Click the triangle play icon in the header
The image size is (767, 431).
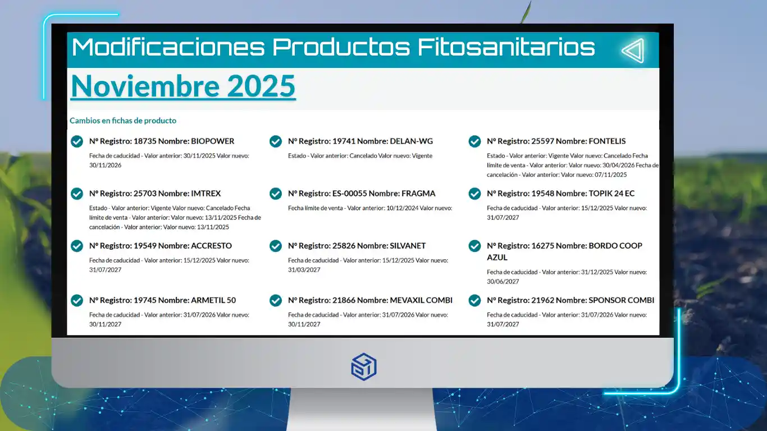633,51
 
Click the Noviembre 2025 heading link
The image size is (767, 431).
183,86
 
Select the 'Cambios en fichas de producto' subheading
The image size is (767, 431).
123,121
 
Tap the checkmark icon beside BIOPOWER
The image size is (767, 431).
77,141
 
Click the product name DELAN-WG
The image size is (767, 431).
411,141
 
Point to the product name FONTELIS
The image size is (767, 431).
607,141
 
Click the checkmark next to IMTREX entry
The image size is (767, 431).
77,194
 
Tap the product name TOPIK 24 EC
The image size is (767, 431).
611,194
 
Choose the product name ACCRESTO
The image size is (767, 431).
211,245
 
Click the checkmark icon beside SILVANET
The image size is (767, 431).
276,246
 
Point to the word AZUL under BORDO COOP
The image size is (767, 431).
497,258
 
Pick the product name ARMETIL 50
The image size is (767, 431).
213,300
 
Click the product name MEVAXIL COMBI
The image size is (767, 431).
421,300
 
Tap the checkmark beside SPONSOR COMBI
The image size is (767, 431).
474,301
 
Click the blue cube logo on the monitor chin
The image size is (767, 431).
364,366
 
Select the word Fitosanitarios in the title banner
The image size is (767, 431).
506,47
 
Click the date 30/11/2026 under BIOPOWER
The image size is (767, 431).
105,165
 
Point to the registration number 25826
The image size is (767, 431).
343,245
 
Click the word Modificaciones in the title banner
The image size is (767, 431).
168,47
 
